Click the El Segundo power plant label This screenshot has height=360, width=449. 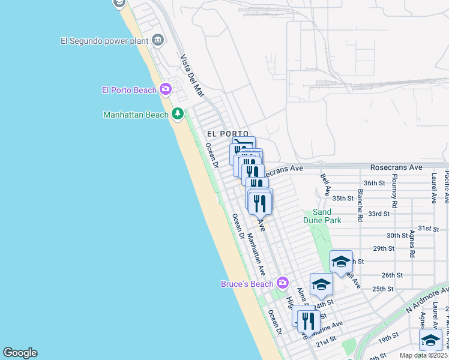coord(105,41)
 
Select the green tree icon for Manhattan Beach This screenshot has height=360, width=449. coord(178,114)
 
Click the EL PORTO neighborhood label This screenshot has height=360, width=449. coord(228,133)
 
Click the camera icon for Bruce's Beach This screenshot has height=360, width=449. coord(282,282)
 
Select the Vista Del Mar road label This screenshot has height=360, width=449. coord(192,76)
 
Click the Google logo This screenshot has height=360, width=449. coord(20,353)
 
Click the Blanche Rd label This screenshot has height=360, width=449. coord(360,205)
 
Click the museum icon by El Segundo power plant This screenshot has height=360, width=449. coord(158,40)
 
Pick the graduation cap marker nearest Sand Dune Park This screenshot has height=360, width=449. coord(341,262)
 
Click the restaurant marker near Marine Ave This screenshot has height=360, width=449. coord(309,320)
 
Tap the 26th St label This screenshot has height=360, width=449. coord(391,275)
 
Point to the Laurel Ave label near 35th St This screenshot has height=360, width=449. coord(433,188)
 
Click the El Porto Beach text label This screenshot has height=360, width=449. coord(129,90)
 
